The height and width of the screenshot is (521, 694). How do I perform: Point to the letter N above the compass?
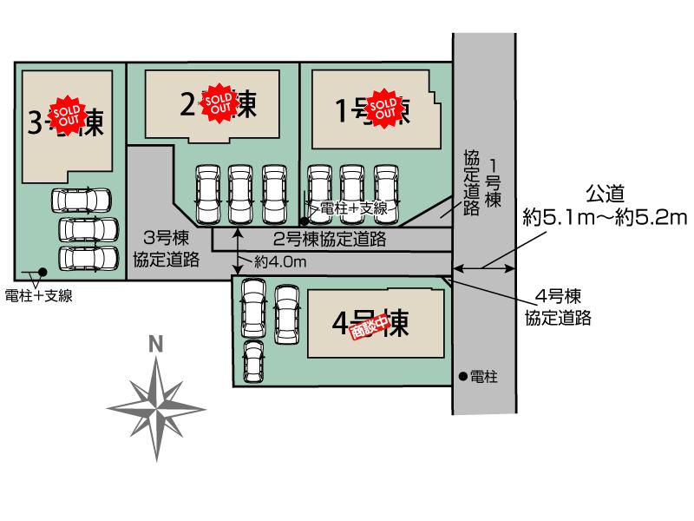[x=155, y=344]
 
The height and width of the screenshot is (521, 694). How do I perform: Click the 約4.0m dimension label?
[x=281, y=260]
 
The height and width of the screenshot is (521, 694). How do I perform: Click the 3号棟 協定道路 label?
[x=167, y=247]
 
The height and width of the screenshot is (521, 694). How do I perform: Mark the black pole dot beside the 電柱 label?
[x=462, y=377]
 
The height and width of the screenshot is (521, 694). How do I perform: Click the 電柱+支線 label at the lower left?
[x=38, y=295]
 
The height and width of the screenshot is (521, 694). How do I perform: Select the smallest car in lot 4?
[x=253, y=360]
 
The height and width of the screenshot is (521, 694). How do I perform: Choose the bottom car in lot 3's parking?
[x=88, y=259]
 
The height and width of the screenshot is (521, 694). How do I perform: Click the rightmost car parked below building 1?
[x=387, y=193]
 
